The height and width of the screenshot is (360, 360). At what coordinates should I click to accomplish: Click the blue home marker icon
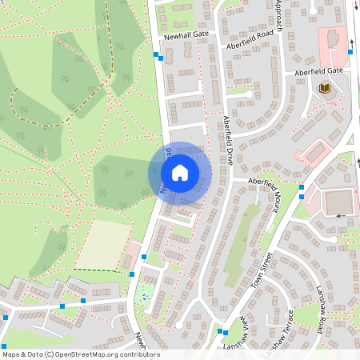point(180,172)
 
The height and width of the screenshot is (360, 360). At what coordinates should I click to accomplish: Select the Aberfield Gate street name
point(318,71)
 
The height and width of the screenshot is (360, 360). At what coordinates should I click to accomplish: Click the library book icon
point(325,88)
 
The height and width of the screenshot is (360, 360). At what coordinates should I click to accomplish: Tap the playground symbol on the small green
point(145,297)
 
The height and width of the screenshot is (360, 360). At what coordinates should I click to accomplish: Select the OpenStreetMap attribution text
point(80,354)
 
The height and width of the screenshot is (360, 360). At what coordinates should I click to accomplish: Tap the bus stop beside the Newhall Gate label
point(156,54)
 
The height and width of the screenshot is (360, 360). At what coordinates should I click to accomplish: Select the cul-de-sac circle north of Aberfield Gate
point(249,94)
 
